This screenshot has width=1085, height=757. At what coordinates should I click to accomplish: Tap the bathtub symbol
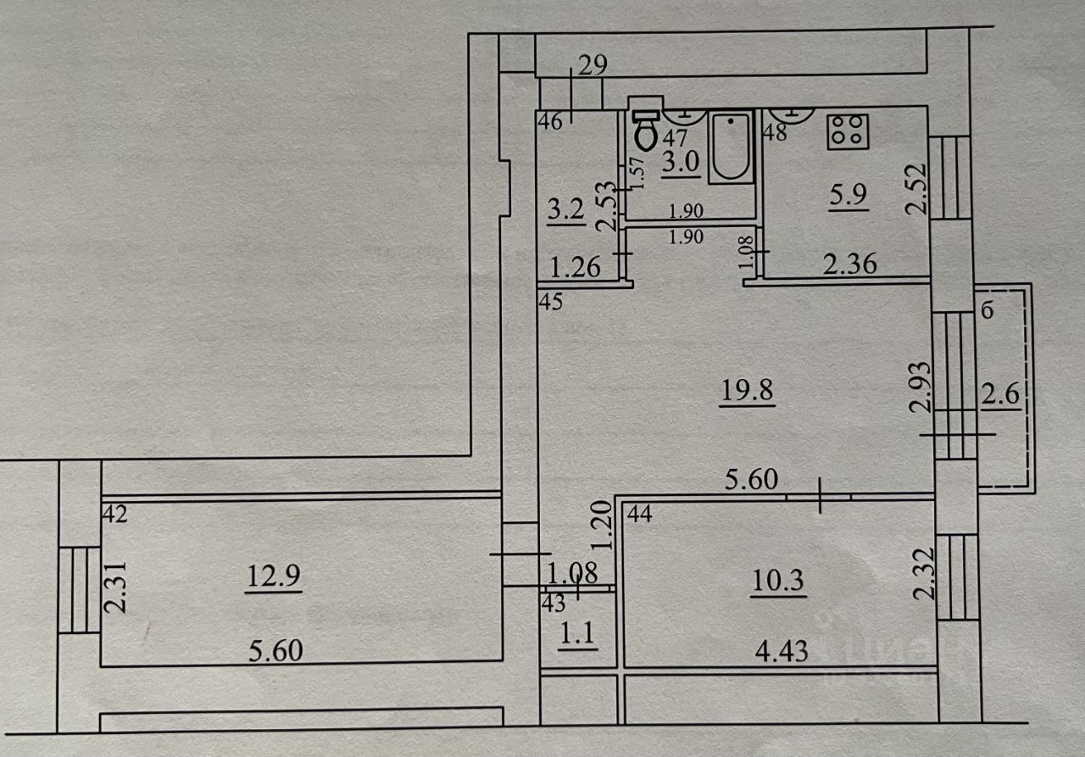(x=730, y=148)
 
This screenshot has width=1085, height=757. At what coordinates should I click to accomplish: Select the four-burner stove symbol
(x=844, y=131)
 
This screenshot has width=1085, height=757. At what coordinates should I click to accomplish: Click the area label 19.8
(x=747, y=392)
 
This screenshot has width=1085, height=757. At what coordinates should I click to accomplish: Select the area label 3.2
(x=565, y=209)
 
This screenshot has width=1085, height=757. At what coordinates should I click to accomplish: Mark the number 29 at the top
(x=592, y=66)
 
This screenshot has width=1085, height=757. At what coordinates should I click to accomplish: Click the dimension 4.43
(x=780, y=651)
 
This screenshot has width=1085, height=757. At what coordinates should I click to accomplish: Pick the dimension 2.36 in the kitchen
(x=850, y=264)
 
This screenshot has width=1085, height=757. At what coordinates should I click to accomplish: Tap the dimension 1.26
(x=576, y=269)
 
